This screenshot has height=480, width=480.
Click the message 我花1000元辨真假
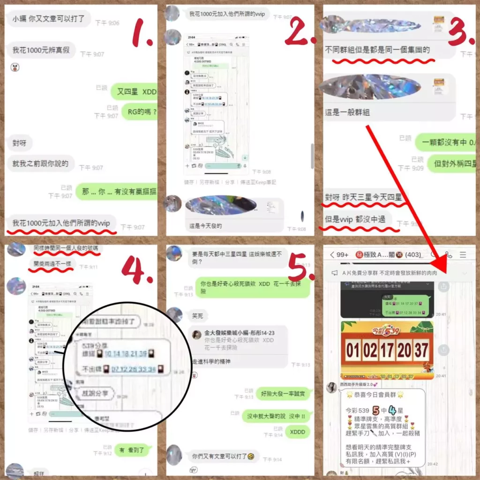coord(41,50)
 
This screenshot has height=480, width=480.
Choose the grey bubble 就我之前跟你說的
coord(41,164)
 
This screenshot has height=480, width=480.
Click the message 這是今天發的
coord(205,225)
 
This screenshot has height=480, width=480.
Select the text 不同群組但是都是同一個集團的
coord(377,50)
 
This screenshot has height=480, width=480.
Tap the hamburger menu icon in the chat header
coord(463,255)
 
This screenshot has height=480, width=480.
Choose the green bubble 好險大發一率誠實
coord(282,394)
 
